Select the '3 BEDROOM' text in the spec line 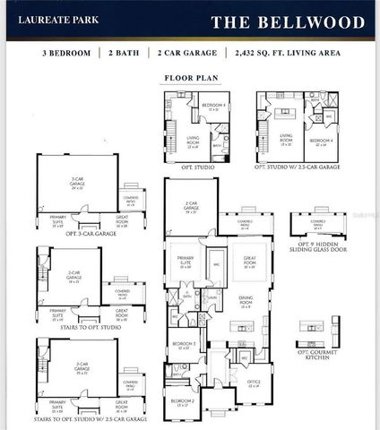click(66, 55)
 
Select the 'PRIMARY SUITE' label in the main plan click(186, 262)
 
